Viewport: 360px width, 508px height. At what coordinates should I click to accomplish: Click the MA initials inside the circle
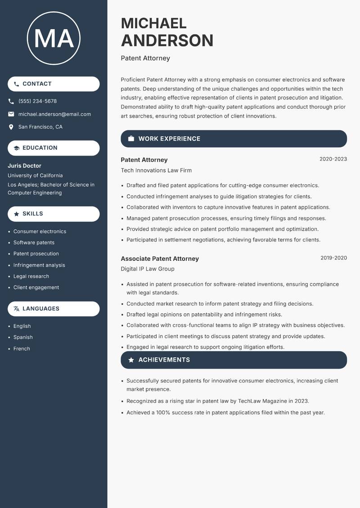(54, 38)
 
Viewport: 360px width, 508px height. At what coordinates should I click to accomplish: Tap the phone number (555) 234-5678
(37, 101)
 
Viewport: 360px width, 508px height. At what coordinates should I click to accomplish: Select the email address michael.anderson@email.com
(54, 114)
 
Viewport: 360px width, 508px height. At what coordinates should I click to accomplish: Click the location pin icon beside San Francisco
(11, 127)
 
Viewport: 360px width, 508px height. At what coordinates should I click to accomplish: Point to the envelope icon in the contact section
(11, 114)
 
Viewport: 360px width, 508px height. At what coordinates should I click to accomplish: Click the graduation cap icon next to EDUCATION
(17, 148)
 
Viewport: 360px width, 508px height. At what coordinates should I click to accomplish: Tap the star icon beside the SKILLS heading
(17, 214)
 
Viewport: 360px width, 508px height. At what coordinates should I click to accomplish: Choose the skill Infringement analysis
(39, 265)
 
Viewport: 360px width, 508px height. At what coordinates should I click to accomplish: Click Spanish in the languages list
(23, 337)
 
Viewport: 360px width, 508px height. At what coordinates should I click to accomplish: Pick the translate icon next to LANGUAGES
(17, 309)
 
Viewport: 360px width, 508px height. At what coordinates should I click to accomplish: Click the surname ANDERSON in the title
(167, 40)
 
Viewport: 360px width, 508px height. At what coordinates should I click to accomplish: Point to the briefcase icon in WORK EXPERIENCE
(131, 139)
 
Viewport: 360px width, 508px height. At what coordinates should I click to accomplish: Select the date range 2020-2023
(333, 159)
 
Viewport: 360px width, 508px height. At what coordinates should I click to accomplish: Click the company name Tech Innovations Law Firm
(156, 170)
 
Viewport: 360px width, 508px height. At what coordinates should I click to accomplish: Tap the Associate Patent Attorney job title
(160, 258)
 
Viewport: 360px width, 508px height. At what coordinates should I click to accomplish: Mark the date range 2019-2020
(333, 258)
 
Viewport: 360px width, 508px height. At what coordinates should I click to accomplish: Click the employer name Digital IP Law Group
(148, 269)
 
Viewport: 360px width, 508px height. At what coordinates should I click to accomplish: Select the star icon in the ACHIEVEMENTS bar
(131, 360)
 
